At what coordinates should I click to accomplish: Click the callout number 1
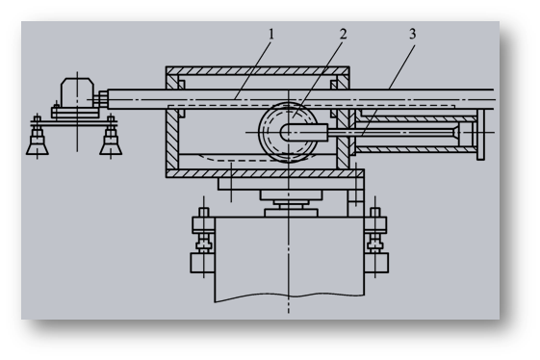point(271,35)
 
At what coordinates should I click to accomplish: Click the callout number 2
point(343,35)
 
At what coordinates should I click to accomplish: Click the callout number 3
point(413,35)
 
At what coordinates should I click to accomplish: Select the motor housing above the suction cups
point(77,92)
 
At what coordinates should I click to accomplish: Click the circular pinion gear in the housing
point(288,132)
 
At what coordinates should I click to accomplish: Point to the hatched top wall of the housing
point(258,70)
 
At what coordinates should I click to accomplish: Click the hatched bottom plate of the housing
point(265,173)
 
